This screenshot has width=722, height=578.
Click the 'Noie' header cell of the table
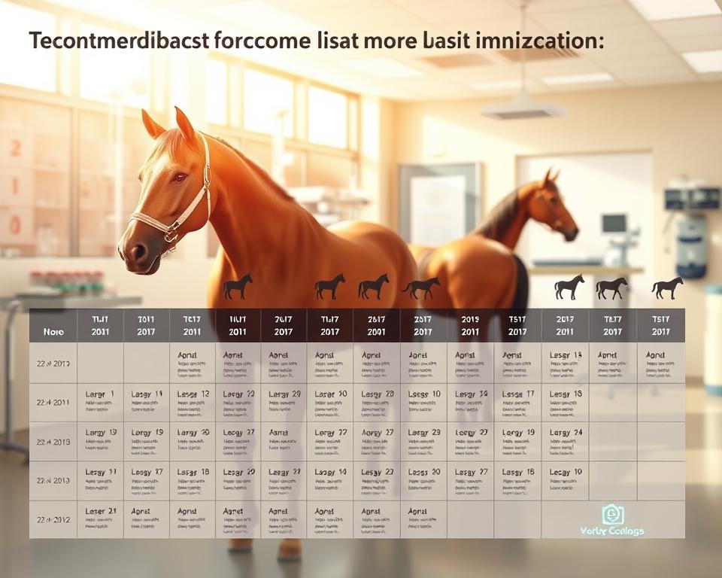pos(53,331)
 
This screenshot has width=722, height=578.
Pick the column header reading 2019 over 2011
pos(470,325)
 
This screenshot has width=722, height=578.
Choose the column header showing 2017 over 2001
pos(376,325)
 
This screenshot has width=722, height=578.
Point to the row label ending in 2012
pos(53,520)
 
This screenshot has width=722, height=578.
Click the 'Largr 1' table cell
pos(100,394)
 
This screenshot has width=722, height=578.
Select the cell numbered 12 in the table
pos(193,394)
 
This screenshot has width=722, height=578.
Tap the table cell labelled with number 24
pos(566,433)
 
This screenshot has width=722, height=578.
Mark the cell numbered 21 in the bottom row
pos(100,512)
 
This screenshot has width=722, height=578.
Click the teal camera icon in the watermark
pos(611,514)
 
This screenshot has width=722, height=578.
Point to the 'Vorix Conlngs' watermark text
pos(612,531)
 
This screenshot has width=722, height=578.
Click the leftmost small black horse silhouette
pos(238,286)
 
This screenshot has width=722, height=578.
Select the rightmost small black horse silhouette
pos(667,287)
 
